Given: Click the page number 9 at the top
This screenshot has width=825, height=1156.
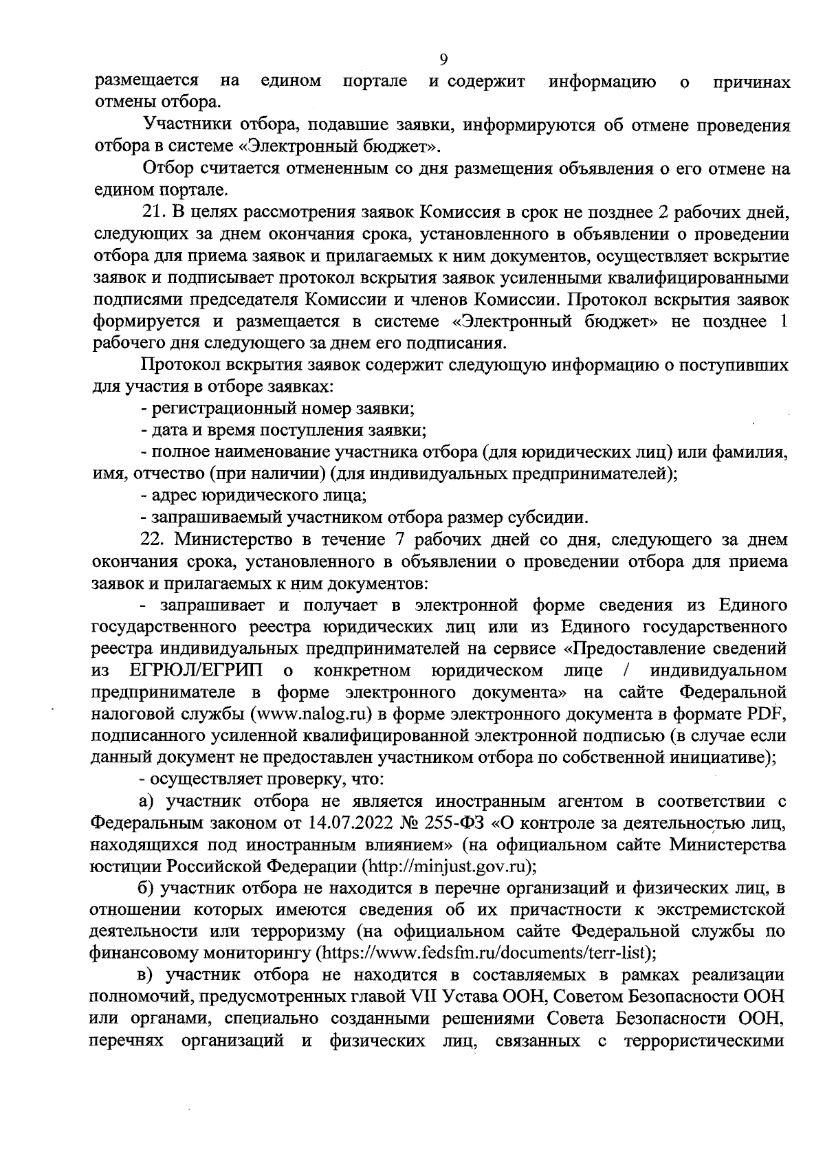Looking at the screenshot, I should coord(444,59).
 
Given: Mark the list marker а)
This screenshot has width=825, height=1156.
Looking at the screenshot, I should coord(146,801).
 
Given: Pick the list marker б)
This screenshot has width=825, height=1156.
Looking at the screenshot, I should coord(146,888).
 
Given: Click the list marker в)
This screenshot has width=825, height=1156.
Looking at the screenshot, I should coord(146,975).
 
